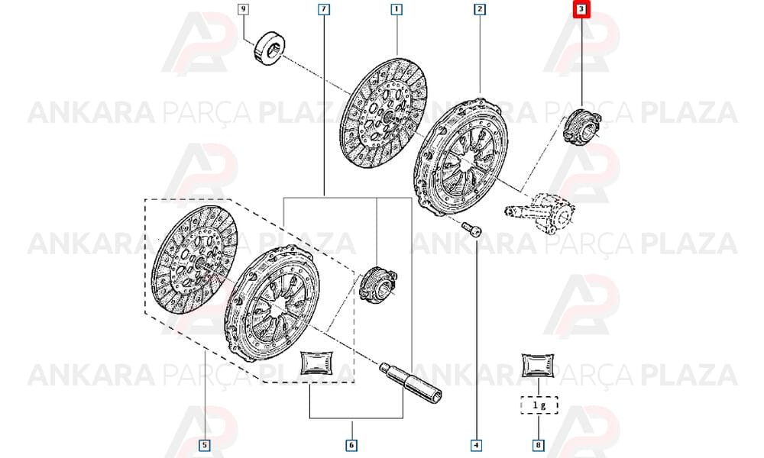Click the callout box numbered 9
point(244,8)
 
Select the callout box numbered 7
point(324,8)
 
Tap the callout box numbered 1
point(397,8)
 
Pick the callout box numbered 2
point(480,8)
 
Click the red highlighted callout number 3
point(581,9)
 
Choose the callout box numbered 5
point(205,445)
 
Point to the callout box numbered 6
point(351,445)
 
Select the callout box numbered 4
point(476,445)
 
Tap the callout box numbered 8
point(539,445)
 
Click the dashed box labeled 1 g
point(539,405)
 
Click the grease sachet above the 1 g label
point(538,365)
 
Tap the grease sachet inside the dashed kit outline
point(317,363)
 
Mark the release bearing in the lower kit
point(378,284)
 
